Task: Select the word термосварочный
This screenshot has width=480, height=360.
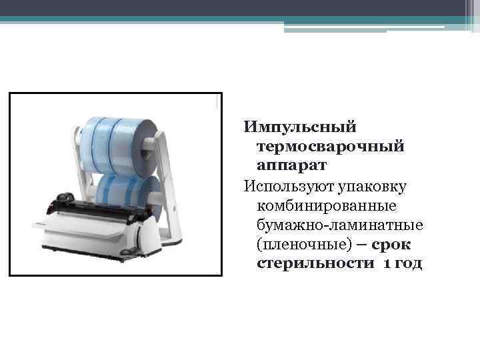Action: [x=329, y=145]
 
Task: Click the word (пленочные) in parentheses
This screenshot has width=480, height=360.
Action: [x=295, y=246]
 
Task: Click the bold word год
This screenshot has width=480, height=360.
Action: [x=407, y=265]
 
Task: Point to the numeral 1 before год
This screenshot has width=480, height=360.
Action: [x=386, y=265]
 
